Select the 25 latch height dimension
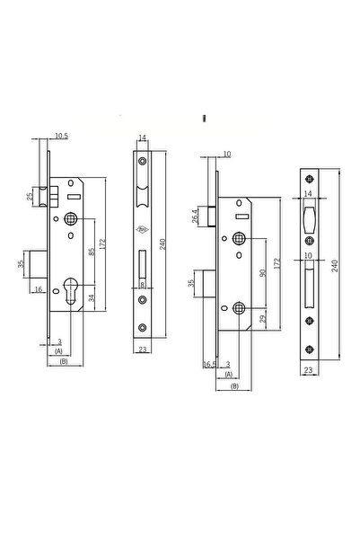(30, 195)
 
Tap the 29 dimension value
(259, 319)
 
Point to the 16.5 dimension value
(209, 365)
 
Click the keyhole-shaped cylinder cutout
(70, 292)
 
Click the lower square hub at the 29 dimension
(239, 307)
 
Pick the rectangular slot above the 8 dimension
(142, 265)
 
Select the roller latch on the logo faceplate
(142, 196)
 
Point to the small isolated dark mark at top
(206, 117)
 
